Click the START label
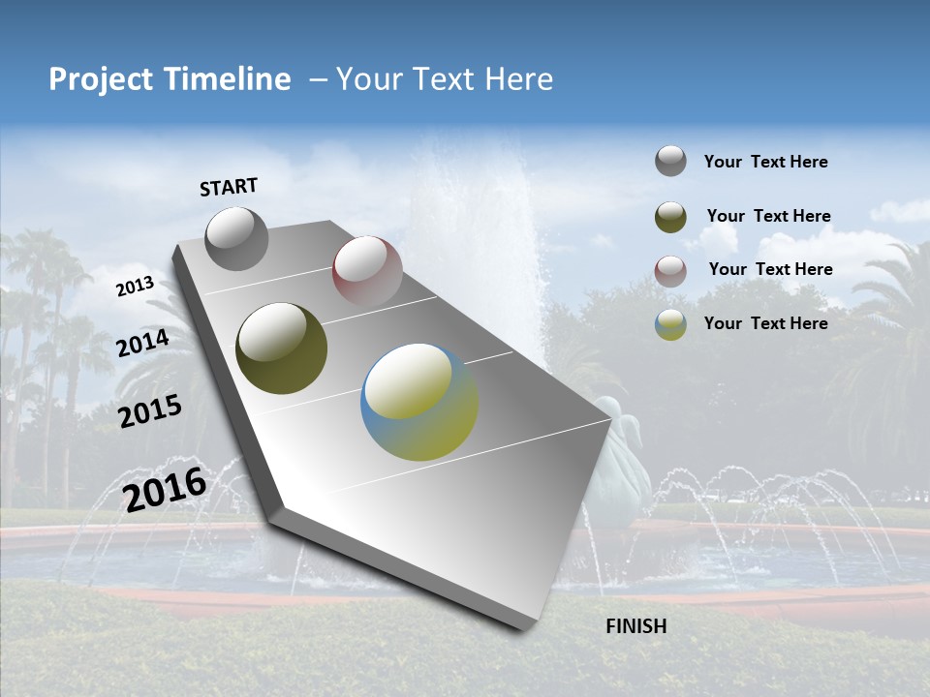point(229,187)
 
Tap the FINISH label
point(635,626)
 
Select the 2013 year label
point(135,287)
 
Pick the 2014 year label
point(143,344)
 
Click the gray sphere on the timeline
point(236,238)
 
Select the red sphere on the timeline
point(367,270)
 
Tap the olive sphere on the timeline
point(281,348)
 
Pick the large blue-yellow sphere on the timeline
point(419,402)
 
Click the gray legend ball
point(670,161)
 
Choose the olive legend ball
point(670,217)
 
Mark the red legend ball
point(670,271)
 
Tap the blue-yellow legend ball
point(670,324)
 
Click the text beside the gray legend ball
point(765,162)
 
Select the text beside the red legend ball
point(770,269)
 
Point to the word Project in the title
point(100,79)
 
